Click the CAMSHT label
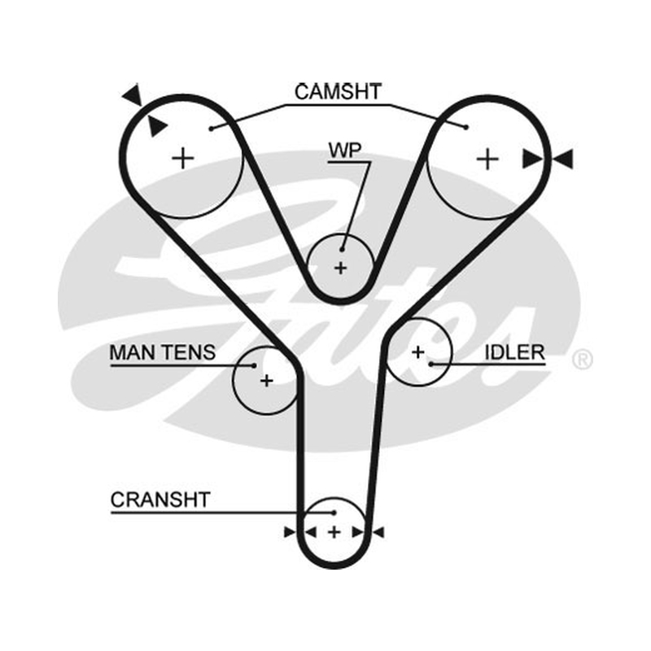tap(338, 92)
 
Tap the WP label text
tap(344, 151)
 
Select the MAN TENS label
tap(162, 352)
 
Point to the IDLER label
tap(514, 352)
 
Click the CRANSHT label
tap(160, 500)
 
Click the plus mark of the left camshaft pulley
tap(182, 159)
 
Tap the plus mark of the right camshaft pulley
tap(487, 159)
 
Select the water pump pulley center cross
tap(340, 269)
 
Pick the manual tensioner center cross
tap(267, 380)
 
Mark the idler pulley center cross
tap(418, 352)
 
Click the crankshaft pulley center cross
tap(334, 532)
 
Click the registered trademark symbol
tap(582, 360)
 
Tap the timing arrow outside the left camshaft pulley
tap(133, 95)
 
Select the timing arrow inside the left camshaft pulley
tap(157, 126)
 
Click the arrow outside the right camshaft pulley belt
tap(563, 159)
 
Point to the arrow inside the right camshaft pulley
tap(532, 159)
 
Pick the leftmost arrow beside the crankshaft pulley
tap(290, 532)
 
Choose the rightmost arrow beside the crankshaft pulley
tap(378, 532)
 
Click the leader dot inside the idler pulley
tap(431, 364)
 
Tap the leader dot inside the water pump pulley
tap(342, 250)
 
